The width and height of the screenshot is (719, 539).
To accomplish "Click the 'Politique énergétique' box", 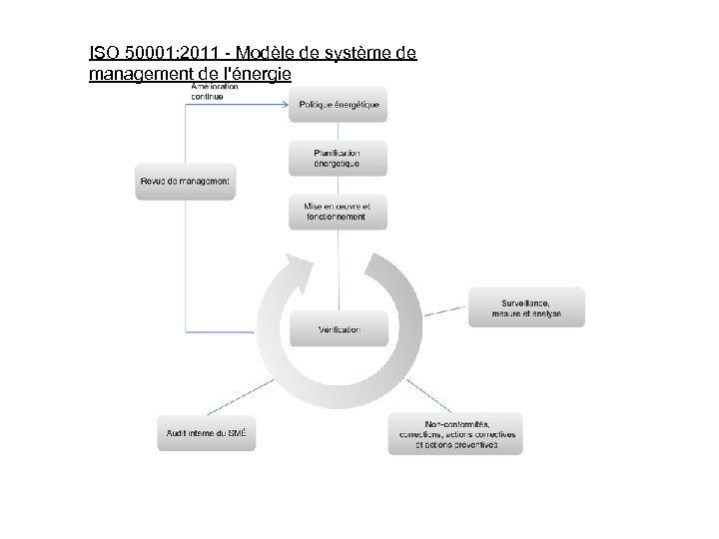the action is [x=338, y=105].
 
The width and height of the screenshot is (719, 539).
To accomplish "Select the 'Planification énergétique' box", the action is [x=338, y=157].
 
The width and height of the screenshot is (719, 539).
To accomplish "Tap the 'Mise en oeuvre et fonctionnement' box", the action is [x=338, y=212].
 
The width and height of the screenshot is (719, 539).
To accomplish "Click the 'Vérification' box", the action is [x=338, y=329].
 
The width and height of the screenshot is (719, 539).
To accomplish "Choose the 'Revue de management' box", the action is [x=186, y=182].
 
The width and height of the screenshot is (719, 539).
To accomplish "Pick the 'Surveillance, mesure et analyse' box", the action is [x=526, y=307].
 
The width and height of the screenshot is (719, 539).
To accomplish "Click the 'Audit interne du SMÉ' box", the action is [x=207, y=433].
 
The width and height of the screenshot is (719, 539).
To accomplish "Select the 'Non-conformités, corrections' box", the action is [x=455, y=434].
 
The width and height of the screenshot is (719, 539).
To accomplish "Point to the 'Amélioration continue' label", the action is [x=214, y=91].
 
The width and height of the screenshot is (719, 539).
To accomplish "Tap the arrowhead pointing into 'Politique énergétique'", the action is [x=286, y=104].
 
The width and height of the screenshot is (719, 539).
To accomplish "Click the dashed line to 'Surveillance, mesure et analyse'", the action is [x=444, y=310].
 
